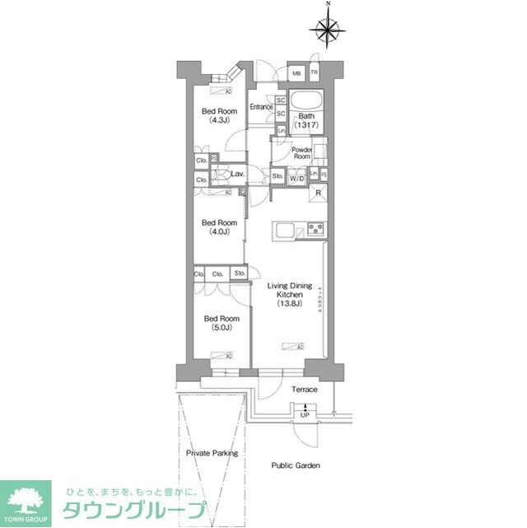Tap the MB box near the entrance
pyautogui.click(x=296, y=73)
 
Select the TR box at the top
pyautogui.click(x=314, y=73)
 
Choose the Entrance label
pyautogui.click(x=262, y=107)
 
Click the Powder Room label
pyautogui.click(x=302, y=152)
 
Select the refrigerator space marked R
pyautogui.click(x=319, y=193)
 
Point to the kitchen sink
pyautogui.click(x=285, y=231)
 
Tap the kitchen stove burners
pyautogui.click(x=315, y=229)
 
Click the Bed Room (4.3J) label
pyautogui.click(x=220, y=115)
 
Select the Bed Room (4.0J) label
pyautogui.click(x=220, y=227)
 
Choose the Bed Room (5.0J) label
pyautogui.click(x=220, y=323)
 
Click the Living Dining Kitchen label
pyautogui.click(x=289, y=294)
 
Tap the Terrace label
pyautogui.click(x=304, y=389)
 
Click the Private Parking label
pyautogui.click(x=212, y=453)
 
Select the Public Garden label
pyautogui.click(x=296, y=465)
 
